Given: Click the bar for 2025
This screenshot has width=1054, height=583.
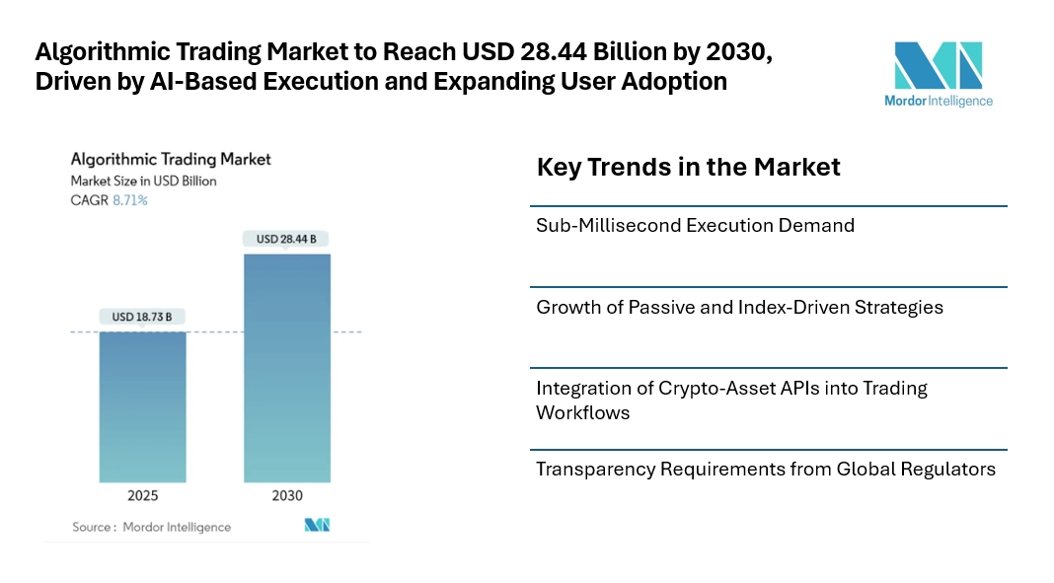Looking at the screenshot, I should (142, 406).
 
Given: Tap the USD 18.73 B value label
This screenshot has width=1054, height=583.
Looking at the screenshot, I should (142, 317).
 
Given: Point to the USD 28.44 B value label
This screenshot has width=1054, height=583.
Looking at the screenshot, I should (287, 239).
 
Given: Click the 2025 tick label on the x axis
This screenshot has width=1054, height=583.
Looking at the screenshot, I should (142, 495).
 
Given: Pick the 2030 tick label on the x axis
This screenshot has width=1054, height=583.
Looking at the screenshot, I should (287, 495).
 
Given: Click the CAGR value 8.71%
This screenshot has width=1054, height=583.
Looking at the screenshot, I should (129, 200).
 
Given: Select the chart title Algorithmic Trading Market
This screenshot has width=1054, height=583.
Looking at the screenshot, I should (170, 159).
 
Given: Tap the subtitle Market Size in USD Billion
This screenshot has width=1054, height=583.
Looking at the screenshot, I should (143, 181).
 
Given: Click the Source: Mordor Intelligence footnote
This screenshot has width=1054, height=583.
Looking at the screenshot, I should (151, 527).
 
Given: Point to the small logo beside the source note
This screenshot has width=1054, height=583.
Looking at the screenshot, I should (317, 525).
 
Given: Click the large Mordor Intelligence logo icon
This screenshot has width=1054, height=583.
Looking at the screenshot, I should (938, 65).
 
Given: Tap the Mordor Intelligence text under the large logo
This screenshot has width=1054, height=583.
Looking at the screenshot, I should (938, 101).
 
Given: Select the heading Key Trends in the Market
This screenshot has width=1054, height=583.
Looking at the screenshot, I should (688, 167).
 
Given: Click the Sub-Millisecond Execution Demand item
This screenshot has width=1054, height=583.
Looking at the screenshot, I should (695, 225).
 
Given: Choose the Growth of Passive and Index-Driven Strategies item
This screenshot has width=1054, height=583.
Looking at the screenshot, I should (739, 307).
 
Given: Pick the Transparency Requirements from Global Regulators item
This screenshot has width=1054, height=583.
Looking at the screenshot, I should (766, 469).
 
